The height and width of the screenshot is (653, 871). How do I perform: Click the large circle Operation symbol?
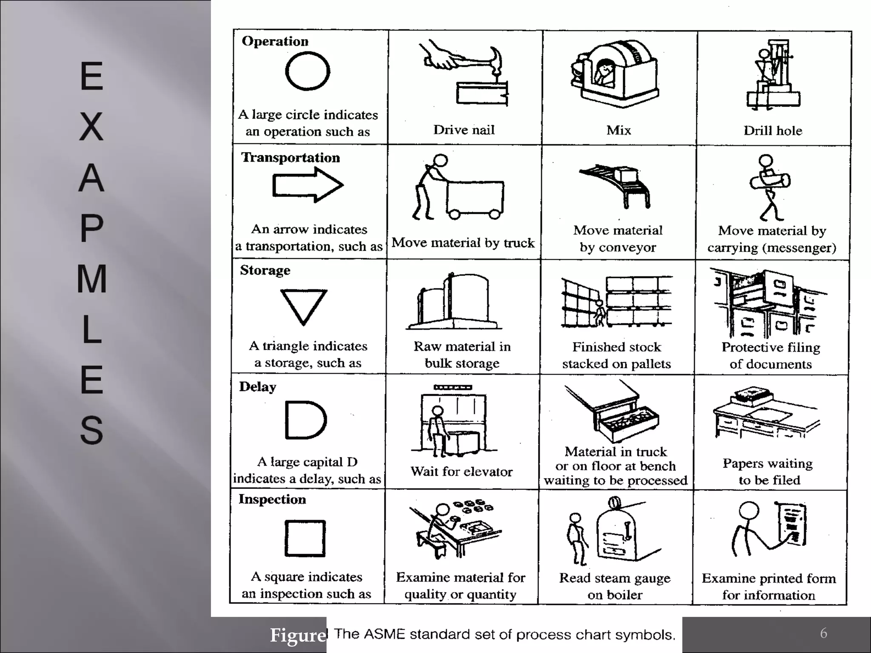[307, 71]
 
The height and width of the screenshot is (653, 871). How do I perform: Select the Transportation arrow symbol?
[307, 185]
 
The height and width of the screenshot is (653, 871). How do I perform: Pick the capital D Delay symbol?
[305, 420]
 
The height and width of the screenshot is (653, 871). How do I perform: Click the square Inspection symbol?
[305, 538]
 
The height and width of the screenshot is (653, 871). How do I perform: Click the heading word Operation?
[275, 41]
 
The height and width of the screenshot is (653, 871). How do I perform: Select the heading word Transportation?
[290, 158]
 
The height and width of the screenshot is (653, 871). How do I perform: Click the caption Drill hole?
[773, 131]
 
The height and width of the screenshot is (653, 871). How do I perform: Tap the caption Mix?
[618, 130]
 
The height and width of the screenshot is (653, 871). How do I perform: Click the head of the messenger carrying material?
[766, 161]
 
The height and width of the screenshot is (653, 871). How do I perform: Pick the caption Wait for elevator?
[461, 471]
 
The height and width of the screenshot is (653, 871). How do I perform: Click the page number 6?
[823, 633]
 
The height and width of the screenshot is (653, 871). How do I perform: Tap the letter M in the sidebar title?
[91, 279]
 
